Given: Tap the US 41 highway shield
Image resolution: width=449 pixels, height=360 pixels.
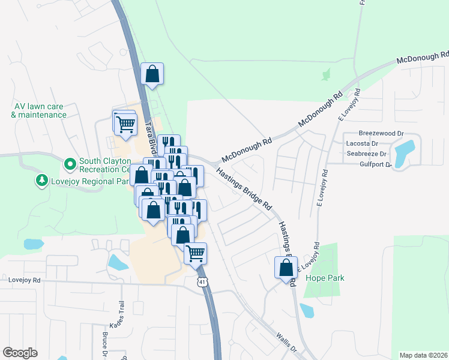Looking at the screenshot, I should (203, 282).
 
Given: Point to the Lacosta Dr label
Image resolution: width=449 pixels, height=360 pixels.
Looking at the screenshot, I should (362, 143).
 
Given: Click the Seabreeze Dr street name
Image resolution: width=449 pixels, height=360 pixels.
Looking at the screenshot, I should (366, 153).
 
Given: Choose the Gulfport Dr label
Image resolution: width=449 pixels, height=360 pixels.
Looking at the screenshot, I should (375, 164).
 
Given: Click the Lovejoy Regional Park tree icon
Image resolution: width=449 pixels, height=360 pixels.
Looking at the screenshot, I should (41, 180).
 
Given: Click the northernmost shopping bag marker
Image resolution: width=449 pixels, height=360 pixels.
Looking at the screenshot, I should (152, 74).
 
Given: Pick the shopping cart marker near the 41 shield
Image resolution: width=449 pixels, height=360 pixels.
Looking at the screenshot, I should (195, 253).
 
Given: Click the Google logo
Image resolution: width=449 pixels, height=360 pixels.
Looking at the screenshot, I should (20, 353).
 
